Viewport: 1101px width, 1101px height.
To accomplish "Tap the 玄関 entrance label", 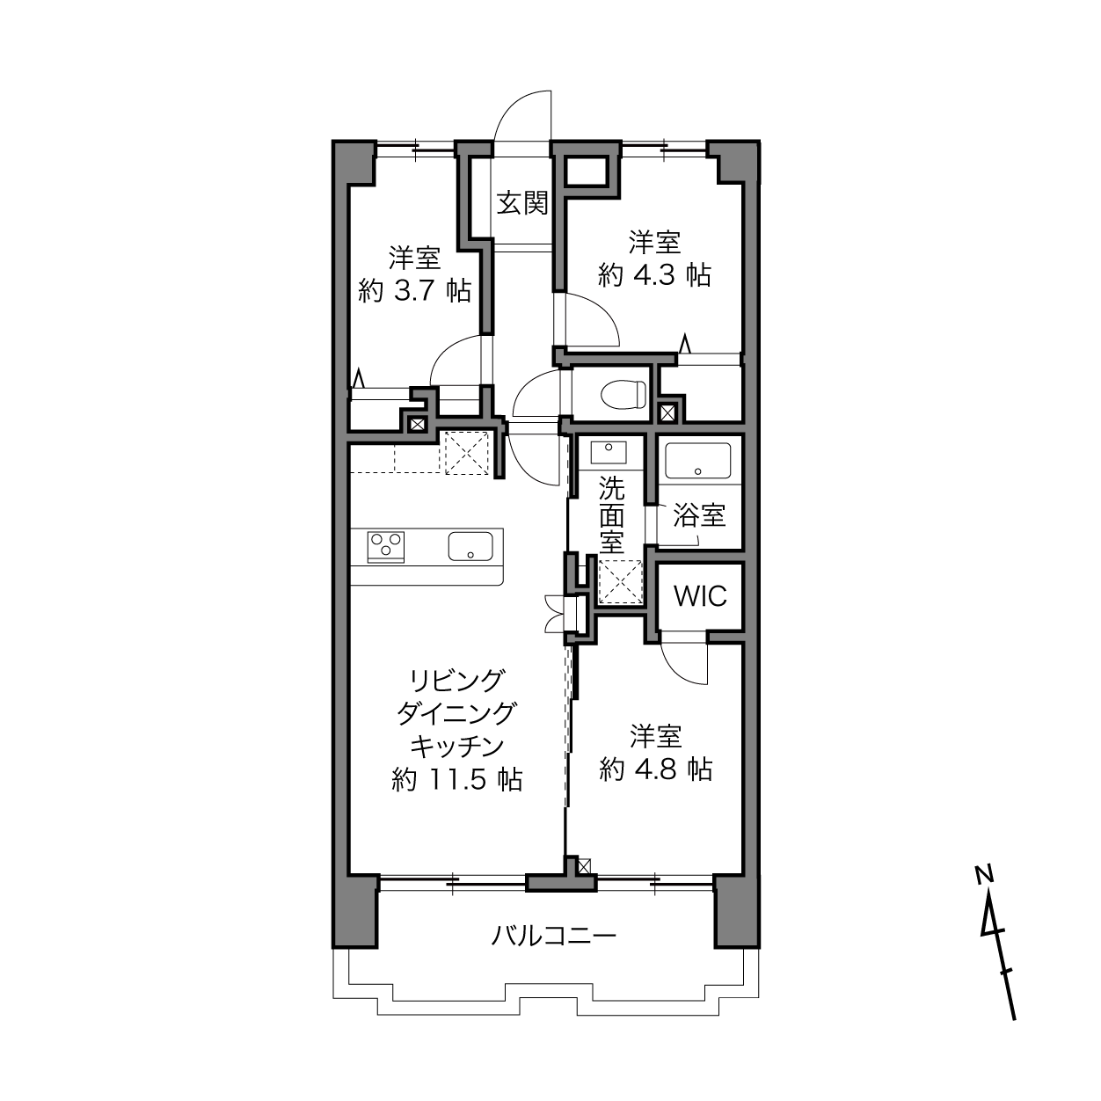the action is click(x=522, y=203).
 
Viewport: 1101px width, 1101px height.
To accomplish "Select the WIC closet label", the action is click(x=700, y=596).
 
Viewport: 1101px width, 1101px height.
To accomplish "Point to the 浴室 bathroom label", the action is click(x=699, y=516).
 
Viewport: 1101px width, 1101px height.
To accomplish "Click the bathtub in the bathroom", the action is click(x=698, y=462).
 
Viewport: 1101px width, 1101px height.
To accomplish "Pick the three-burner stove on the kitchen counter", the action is click(x=386, y=547).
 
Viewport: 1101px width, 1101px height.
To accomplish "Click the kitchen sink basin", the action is click(x=470, y=546).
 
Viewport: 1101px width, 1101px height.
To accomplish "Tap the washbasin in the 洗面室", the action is click(x=609, y=452).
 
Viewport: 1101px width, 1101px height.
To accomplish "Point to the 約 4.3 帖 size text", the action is click(x=655, y=276).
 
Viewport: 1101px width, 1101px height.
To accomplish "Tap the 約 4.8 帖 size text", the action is click(x=656, y=770).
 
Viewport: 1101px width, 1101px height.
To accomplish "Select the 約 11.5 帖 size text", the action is click(x=457, y=779).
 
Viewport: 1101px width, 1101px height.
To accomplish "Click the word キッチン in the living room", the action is click(x=457, y=747).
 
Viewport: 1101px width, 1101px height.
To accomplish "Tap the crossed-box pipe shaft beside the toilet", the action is click(x=667, y=412).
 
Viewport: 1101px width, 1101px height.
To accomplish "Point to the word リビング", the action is click(x=457, y=681).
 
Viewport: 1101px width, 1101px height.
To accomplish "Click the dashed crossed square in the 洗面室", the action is click(x=620, y=581).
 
